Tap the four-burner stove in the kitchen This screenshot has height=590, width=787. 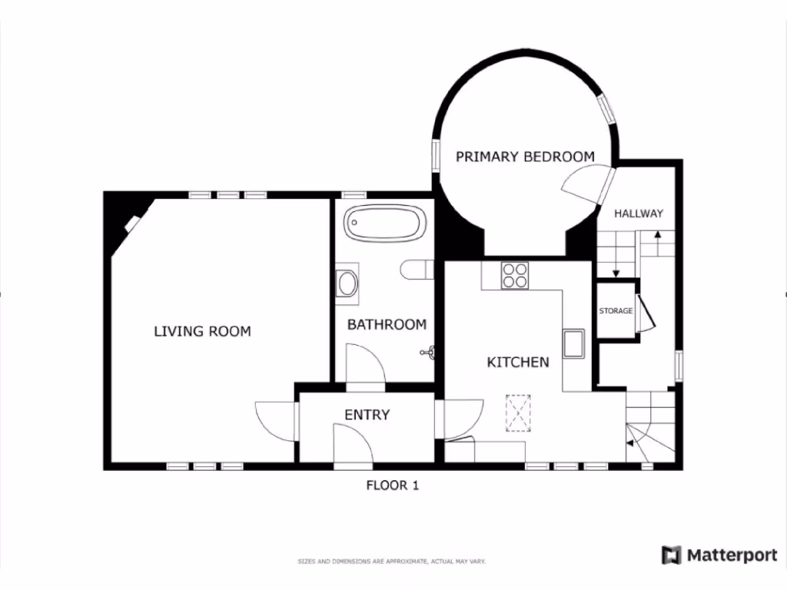(514, 275)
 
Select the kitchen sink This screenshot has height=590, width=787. (573, 343)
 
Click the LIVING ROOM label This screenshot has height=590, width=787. (202, 332)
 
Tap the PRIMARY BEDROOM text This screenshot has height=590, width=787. (525, 157)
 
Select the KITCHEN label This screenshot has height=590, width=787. (518, 362)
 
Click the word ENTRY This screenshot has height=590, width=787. (367, 415)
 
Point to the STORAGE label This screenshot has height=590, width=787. (616, 311)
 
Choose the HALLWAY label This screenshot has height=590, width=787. (638, 214)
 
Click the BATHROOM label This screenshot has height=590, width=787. (387, 325)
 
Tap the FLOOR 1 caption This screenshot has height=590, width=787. (392, 485)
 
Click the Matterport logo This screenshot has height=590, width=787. (719, 555)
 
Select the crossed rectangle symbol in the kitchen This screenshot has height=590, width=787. (518, 413)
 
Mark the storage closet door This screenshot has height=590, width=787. (644, 315)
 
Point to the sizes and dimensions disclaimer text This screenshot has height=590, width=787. (392, 562)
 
